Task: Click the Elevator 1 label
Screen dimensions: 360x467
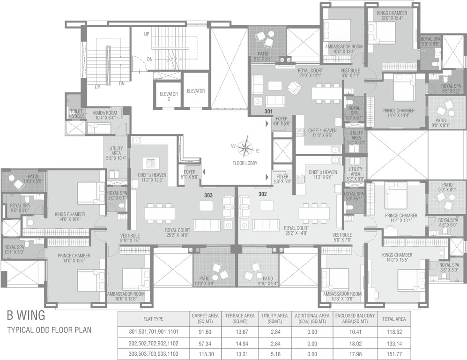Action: point(195,93)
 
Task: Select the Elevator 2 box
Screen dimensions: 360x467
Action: point(168,96)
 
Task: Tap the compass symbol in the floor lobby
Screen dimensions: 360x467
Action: point(244,148)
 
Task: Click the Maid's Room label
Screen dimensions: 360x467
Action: point(104,114)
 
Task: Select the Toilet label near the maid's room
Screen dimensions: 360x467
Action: point(76,113)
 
